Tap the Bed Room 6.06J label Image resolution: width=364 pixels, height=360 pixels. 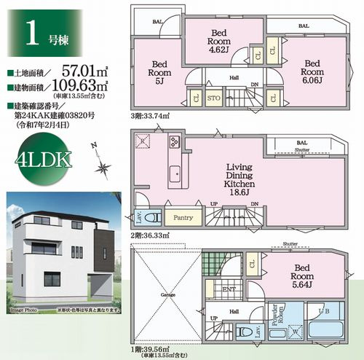point(313,69)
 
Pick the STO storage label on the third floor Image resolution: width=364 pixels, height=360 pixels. point(214,98)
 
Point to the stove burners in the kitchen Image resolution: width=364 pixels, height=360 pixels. point(175,142)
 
